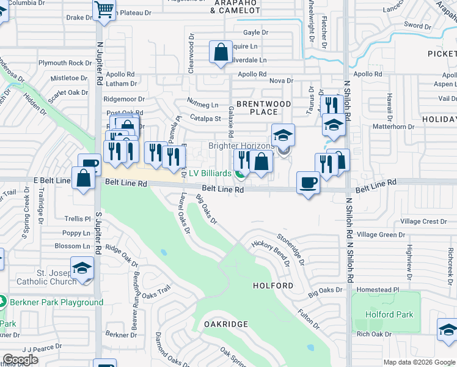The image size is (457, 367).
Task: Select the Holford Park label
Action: point(389,315)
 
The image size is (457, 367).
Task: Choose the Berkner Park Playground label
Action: point(56,303)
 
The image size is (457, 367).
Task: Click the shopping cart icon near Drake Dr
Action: point(104,9)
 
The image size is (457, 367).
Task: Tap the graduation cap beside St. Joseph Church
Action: point(82,269)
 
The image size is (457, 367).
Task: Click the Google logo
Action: point(20,360)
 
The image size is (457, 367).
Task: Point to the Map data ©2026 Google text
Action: point(419,362)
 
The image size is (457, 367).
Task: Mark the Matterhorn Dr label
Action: point(393,127)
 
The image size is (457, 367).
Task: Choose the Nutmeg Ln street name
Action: point(203,105)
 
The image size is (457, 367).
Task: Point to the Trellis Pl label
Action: point(78,218)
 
